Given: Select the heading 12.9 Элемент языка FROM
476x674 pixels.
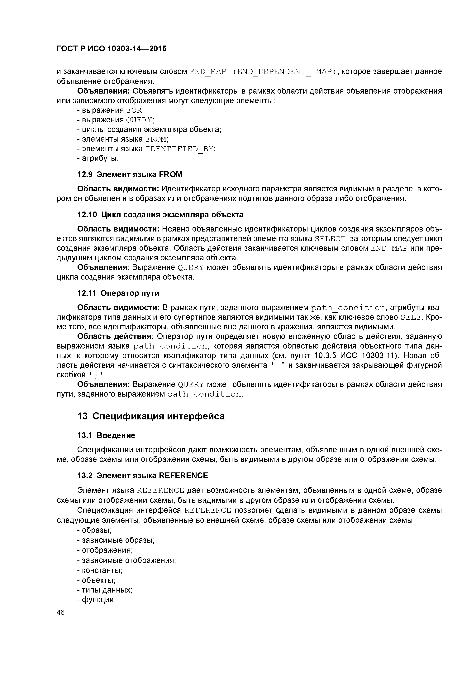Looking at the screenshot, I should [129, 175].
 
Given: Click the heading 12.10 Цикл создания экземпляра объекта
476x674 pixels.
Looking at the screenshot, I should [160, 215].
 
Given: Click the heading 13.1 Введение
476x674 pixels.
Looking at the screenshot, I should [106, 435].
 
